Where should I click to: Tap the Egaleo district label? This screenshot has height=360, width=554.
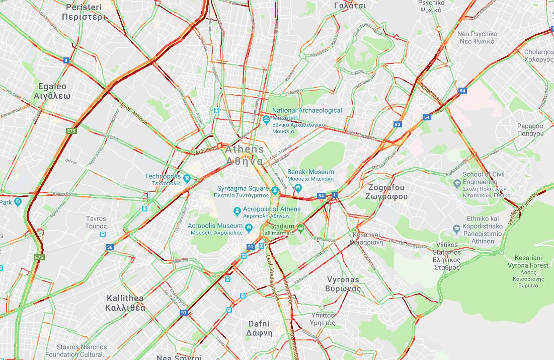pyautogui.click(x=52, y=91)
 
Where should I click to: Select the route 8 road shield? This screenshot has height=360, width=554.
pyautogui.click(x=66, y=60)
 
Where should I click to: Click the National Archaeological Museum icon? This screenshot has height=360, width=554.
pyautogui.click(x=266, y=119)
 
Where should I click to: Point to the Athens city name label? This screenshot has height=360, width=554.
pyautogui.click(x=245, y=155)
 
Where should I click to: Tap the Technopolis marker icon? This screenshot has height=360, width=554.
pyautogui.click(x=187, y=178)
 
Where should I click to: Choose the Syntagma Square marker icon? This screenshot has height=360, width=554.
pyautogui.click(x=275, y=190)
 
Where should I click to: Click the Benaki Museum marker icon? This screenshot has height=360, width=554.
pyautogui.click(x=298, y=189)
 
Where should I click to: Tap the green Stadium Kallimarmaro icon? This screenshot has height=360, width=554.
pyautogui.click(x=301, y=229)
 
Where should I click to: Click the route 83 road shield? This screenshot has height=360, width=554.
pyautogui.click(x=398, y=124)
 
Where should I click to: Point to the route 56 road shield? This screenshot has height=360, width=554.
pyautogui.click(x=110, y=247)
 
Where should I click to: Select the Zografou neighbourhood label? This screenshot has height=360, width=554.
pyautogui.click(x=387, y=192)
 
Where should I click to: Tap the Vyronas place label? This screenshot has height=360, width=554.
pyautogui.click(x=343, y=284)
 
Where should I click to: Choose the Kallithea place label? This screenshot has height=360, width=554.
pyautogui.click(x=125, y=303)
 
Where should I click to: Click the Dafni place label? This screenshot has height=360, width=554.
pyautogui.click(x=259, y=328)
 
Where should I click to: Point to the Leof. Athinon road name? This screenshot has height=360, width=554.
pyautogui.click(x=134, y=114)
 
